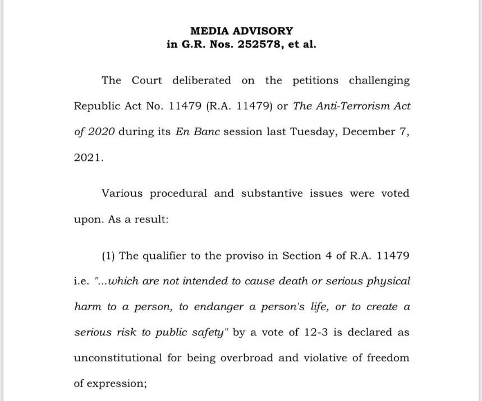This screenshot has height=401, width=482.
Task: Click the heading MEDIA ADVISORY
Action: [241, 31]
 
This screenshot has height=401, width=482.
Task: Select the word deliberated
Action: [201, 80]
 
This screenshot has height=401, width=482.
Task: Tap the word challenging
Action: [379, 80]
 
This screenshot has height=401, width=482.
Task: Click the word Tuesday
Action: [314, 132]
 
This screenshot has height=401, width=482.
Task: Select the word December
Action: [368, 132]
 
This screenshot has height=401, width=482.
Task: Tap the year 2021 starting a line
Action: [89, 158]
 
